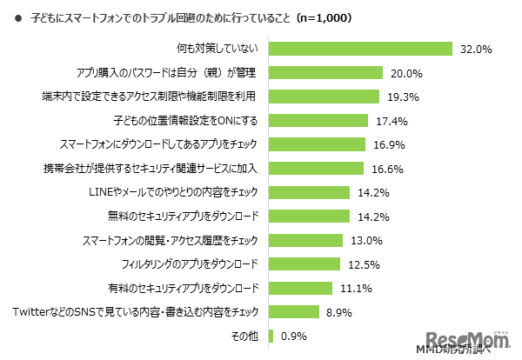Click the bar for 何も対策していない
(362, 49)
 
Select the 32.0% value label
(477, 50)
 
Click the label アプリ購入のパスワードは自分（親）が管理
(177, 73)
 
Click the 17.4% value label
(391, 121)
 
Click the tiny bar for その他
(273, 335)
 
